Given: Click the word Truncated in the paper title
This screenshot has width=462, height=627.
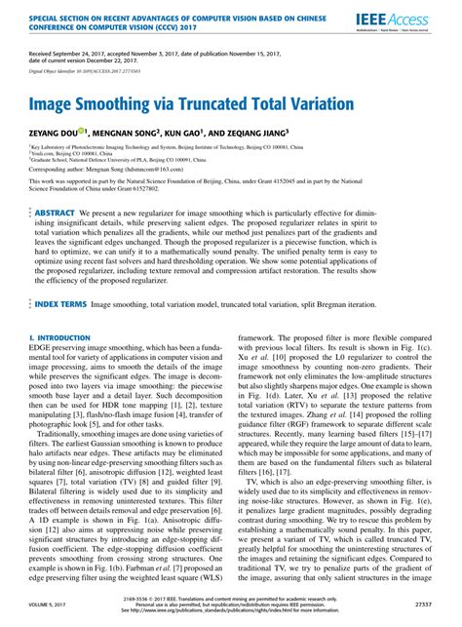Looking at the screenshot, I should [224, 102].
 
